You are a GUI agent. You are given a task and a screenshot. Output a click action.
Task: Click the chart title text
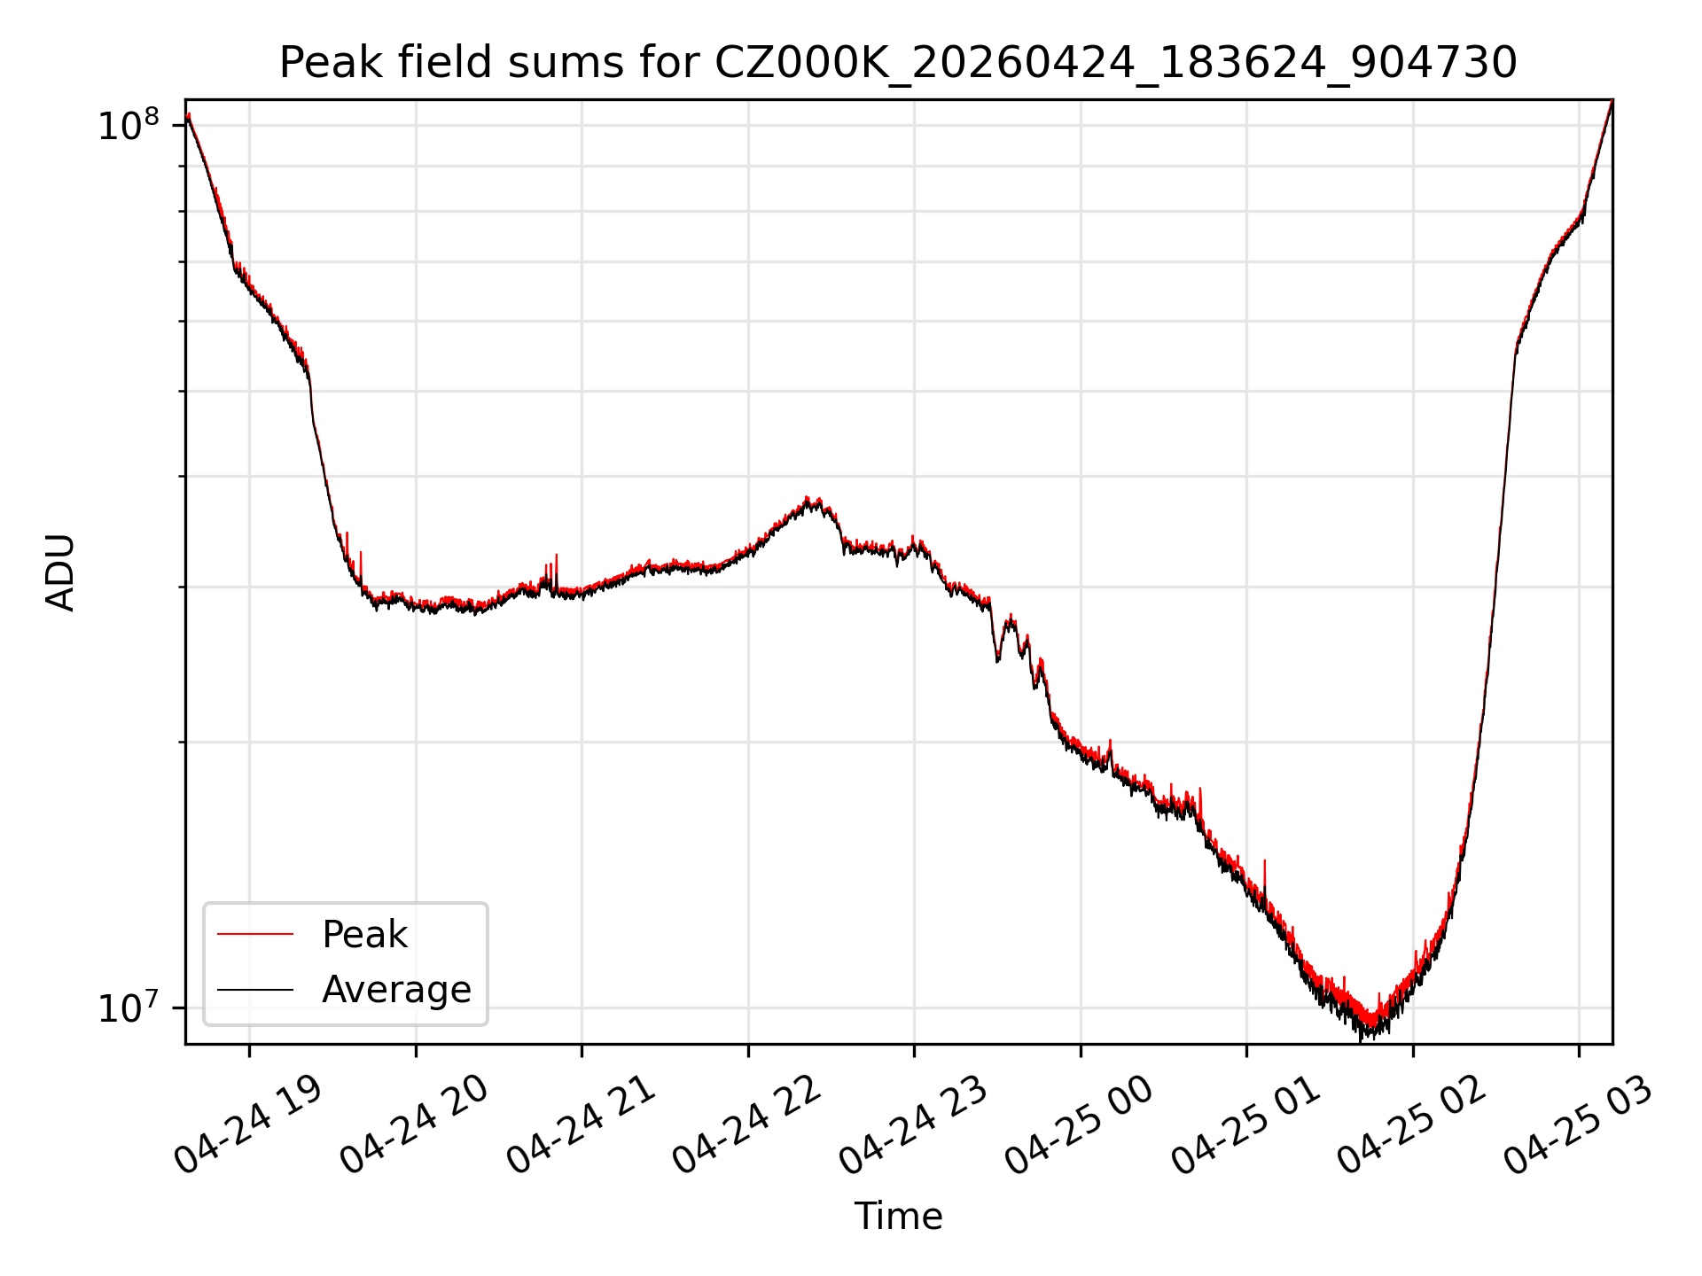coord(898,63)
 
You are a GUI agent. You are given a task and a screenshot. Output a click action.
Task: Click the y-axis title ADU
coord(60,572)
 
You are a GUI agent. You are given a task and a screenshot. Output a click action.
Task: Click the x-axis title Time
coord(898,1216)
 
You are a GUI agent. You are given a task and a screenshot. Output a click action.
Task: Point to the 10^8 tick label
coord(127,125)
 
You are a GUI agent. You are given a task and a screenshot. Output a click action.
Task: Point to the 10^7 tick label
coord(127,1008)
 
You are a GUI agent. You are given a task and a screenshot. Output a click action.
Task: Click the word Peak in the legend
coord(364,935)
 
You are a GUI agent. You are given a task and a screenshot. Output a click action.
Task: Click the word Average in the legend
coord(396,990)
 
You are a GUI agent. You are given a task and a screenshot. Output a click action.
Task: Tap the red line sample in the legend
coord(255,934)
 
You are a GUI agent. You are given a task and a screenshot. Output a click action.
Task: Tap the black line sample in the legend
coord(255,989)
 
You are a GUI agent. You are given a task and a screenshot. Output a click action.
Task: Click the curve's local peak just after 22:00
coord(807,498)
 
